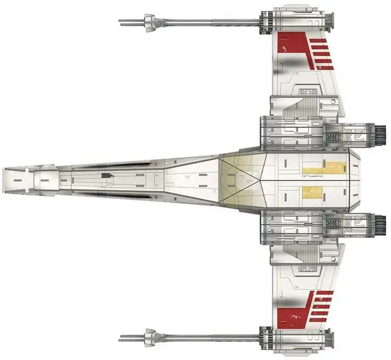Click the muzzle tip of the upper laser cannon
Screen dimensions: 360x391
tap(120, 23)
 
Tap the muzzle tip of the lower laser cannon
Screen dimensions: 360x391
tap(120, 337)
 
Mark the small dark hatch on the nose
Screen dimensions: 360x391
tap(107, 175)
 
